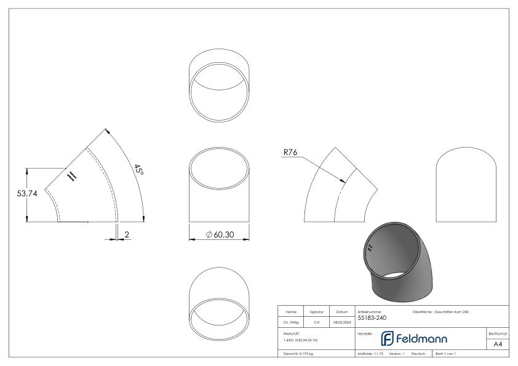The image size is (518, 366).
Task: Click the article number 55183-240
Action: pos(372,319)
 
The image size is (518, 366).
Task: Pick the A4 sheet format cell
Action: pos(498,344)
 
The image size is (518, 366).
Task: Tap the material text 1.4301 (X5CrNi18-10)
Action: pos(301,340)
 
